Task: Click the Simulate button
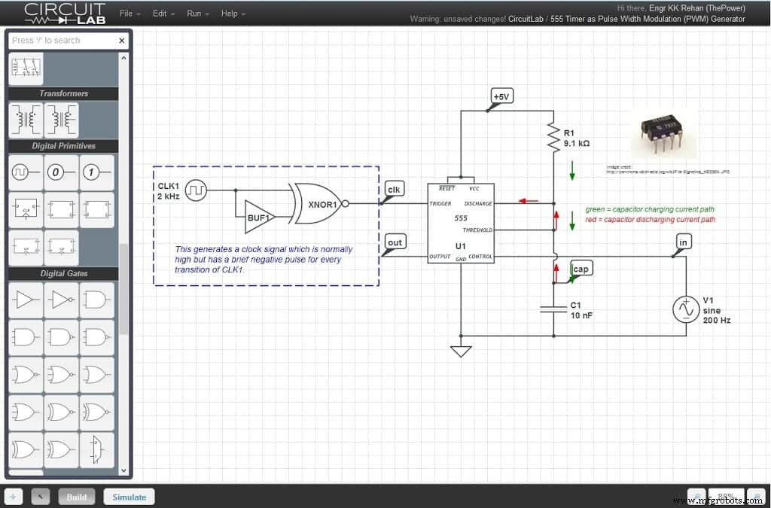click(x=130, y=497)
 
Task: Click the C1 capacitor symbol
click(x=554, y=308)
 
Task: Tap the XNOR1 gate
click(x=319, y=203)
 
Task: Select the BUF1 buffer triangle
click(x=258, y=217)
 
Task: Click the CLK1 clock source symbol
click(x=196, y=190)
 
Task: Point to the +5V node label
click(x=501, y=96)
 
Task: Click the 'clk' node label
click(x=394, y=190)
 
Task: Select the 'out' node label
click(x=395, y=242)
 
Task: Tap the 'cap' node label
click(x=581, y=269)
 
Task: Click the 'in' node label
click(x=683, y=242)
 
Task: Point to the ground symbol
click(x=460, y=351)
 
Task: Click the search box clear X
click(x=122, y=41)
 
